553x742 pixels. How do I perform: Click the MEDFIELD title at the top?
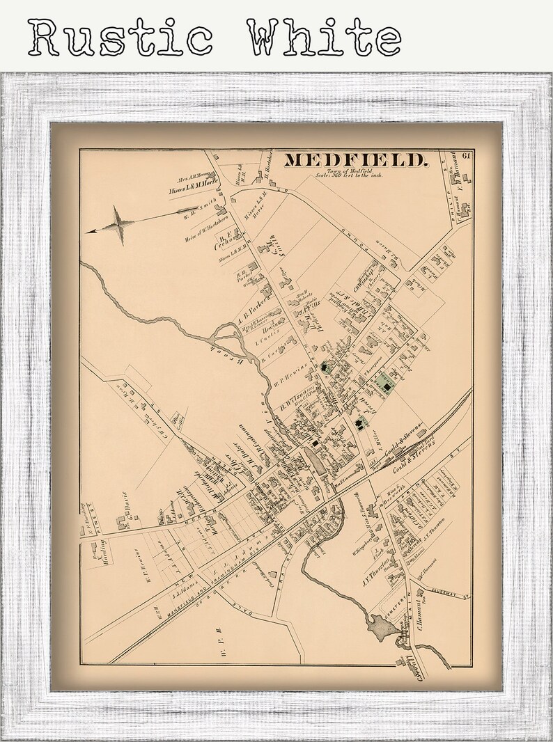(x=355, y=160)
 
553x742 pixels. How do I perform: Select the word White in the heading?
(x=324, y=38)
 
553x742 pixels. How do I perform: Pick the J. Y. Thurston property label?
(x=375, y=565)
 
